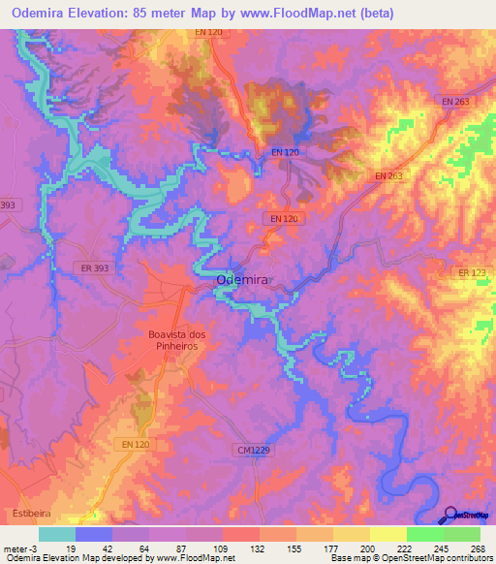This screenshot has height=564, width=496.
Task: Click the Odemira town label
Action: tap(242, 280)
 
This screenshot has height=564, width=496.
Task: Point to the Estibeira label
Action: tap(25, 512)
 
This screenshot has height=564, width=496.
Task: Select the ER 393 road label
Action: tap(93, 267)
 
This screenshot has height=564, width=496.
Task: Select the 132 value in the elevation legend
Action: tap(258, 548)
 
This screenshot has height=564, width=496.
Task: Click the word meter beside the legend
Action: tap(14, 548)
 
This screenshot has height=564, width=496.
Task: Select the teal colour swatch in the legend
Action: tap(56, 534)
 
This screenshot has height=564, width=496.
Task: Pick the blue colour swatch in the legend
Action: tap(93, 534)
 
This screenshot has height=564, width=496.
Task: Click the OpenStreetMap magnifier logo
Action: tap(449, 515)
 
